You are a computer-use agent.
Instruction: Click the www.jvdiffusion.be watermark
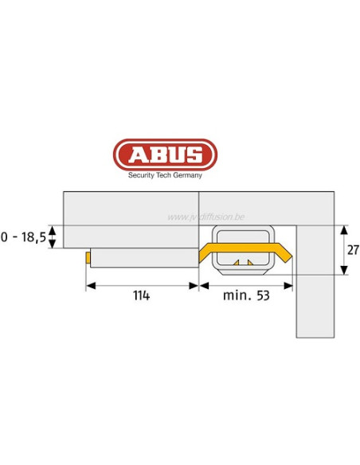(x=207, y=217)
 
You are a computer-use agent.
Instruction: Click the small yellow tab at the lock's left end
(x=87, y=258)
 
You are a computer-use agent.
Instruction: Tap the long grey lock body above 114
(x=143, y=258)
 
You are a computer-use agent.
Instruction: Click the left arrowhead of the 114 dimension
(x=90, y=284)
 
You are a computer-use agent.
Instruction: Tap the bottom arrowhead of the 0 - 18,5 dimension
(x=53, y=245)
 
